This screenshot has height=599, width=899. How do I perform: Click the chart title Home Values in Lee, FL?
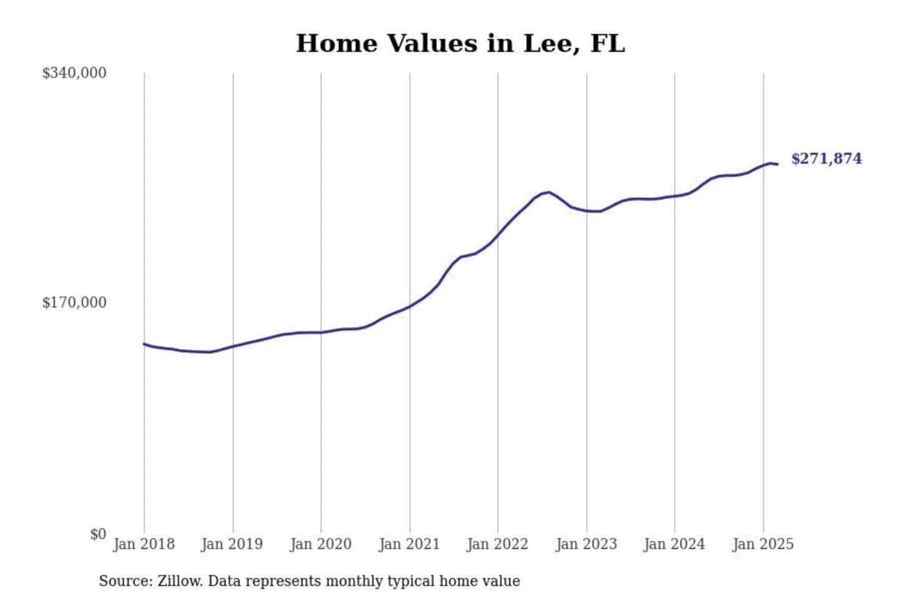tap(460, 44)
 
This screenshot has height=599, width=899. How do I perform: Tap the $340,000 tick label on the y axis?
tap(74, 73)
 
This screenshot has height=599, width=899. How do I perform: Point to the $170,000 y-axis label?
tap(74, 303)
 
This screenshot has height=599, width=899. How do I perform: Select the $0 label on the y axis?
tap(98, 534)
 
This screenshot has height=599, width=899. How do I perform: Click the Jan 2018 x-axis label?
tap(144, 544)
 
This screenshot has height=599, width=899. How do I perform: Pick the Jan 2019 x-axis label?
tap(232, 544)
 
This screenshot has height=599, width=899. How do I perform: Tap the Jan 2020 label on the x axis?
tap(321, 544)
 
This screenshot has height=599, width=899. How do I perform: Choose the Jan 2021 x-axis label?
tap(410, 544)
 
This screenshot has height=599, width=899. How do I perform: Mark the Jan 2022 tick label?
tap(498, 544)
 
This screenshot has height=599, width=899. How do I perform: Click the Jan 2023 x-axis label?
tap(586, 544)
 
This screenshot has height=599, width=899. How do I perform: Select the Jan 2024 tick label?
tap(674, 544)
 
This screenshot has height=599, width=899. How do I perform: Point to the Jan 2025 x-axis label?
tap(763, 544)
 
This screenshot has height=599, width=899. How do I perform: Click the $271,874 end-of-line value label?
tap(827, 158)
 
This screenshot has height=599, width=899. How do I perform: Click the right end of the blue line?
tap(777, 164)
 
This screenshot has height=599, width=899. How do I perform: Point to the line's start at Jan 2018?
tap(144, 344)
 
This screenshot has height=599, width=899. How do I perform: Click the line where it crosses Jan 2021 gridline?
tap(410, 306)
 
